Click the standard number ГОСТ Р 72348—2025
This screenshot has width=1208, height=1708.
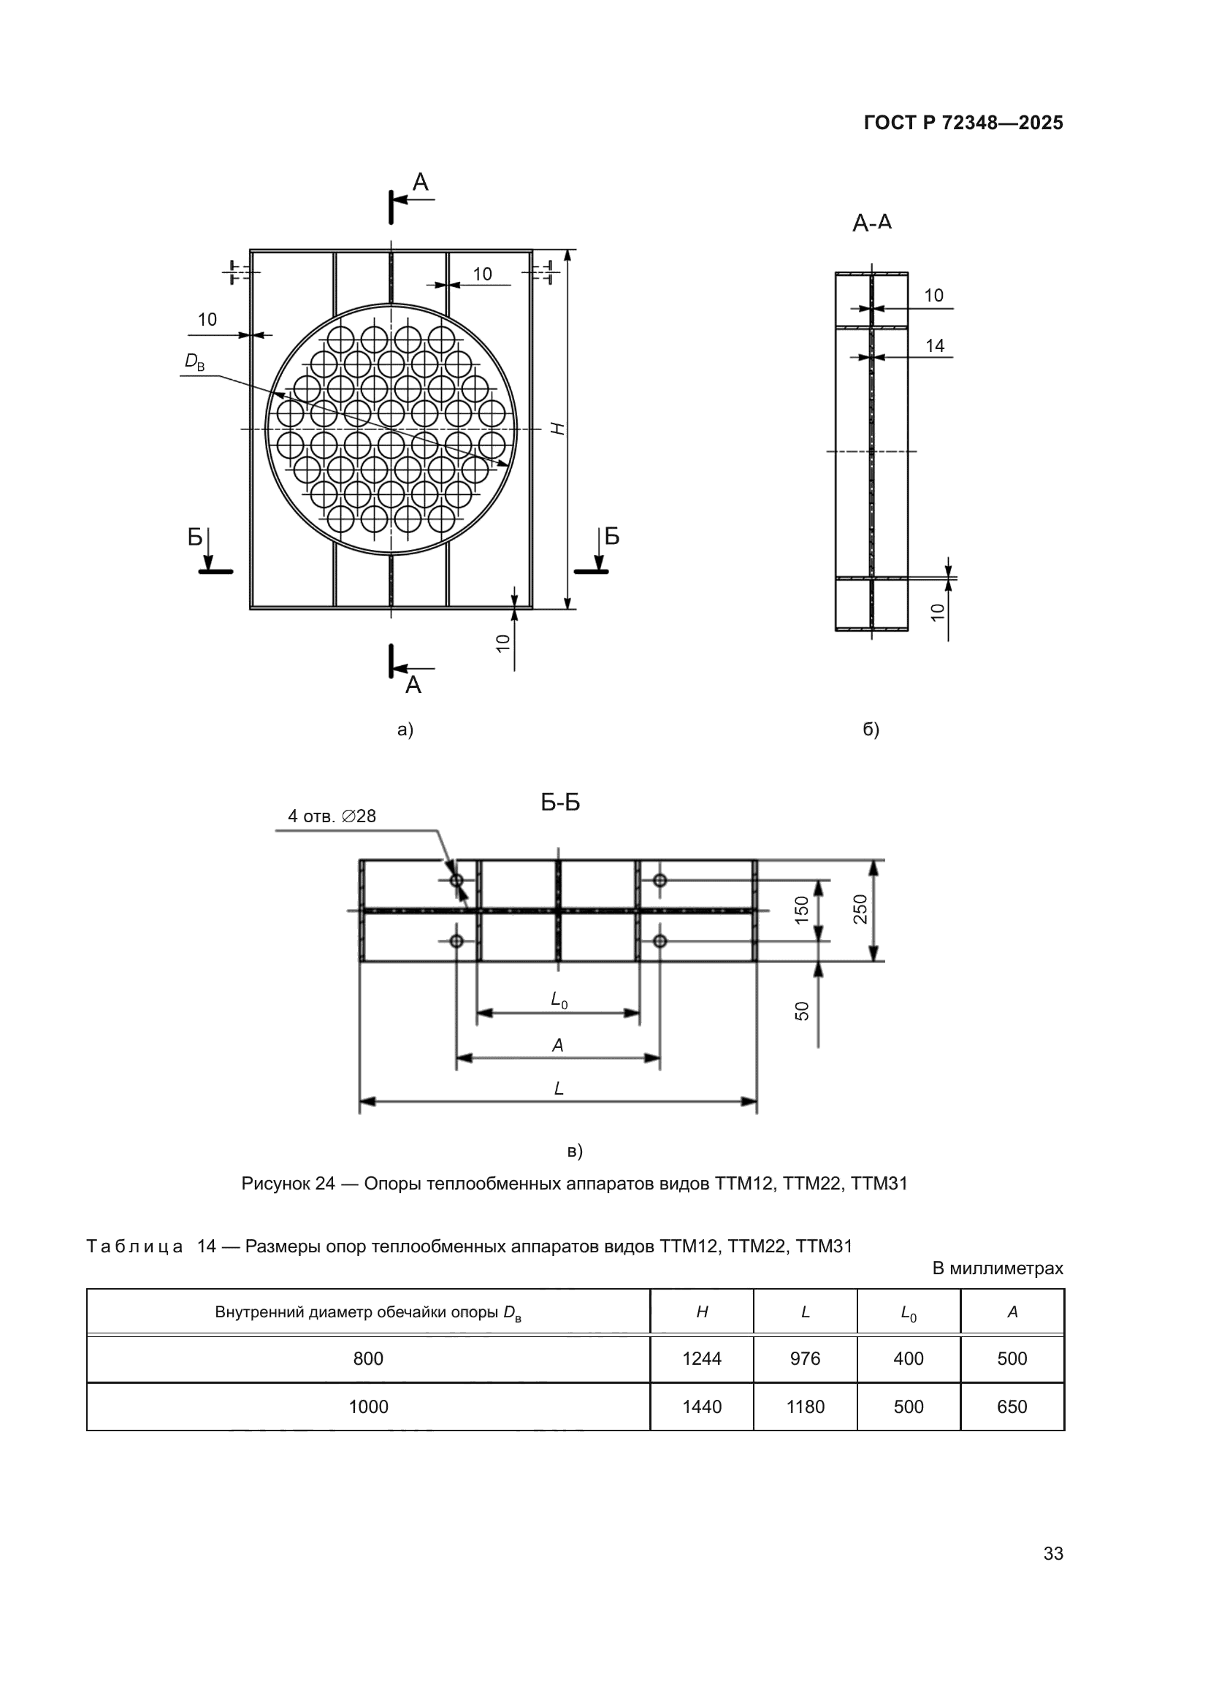[x=963, y=123]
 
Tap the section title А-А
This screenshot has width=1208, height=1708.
[x=872, y=223]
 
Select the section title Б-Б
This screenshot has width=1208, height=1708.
[x=560, y=802]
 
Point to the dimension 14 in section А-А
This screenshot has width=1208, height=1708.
[x=935, y=345]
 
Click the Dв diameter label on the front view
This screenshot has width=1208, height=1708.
[x=194, y=361]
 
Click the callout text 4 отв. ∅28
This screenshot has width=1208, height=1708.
[x=332, y=816]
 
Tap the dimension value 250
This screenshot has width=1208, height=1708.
[x=860, y=909]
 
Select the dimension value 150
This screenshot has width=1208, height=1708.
[x=801, y=910]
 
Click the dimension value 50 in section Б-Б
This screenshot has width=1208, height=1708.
[x=801, y=1011]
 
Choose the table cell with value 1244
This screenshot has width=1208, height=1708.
[x=701, y=1358]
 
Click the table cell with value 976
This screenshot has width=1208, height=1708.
[x=805, y=1358]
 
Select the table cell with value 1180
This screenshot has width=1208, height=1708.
[x=805, y=1406]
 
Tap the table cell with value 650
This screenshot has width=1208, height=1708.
[x=1012, y=1406]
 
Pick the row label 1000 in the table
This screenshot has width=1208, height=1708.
[x=368, y=1406]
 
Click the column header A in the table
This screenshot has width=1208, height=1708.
[x=1012, y=1312]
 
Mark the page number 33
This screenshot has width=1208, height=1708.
[x=1053, y=1553]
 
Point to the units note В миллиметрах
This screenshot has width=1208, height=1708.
[x=998, y=1268]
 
